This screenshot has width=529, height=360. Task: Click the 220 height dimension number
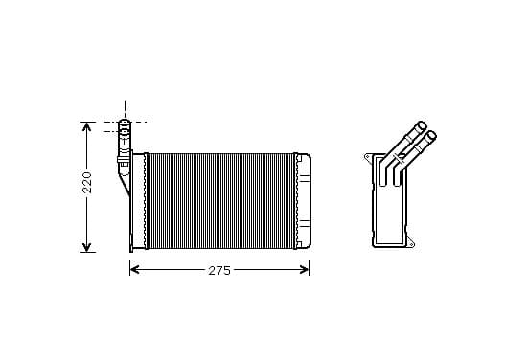87,182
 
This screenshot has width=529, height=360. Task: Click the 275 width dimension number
219,270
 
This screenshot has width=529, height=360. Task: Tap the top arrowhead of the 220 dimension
87,127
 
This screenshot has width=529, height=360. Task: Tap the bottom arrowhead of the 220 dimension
87,247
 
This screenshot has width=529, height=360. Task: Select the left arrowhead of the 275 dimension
134,270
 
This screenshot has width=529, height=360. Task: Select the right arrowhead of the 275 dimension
305,270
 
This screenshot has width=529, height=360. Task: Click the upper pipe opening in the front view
125,122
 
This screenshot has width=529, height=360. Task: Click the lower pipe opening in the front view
125,130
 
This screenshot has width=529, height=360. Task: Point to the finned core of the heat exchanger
221,201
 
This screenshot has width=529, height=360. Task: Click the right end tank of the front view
304,201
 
